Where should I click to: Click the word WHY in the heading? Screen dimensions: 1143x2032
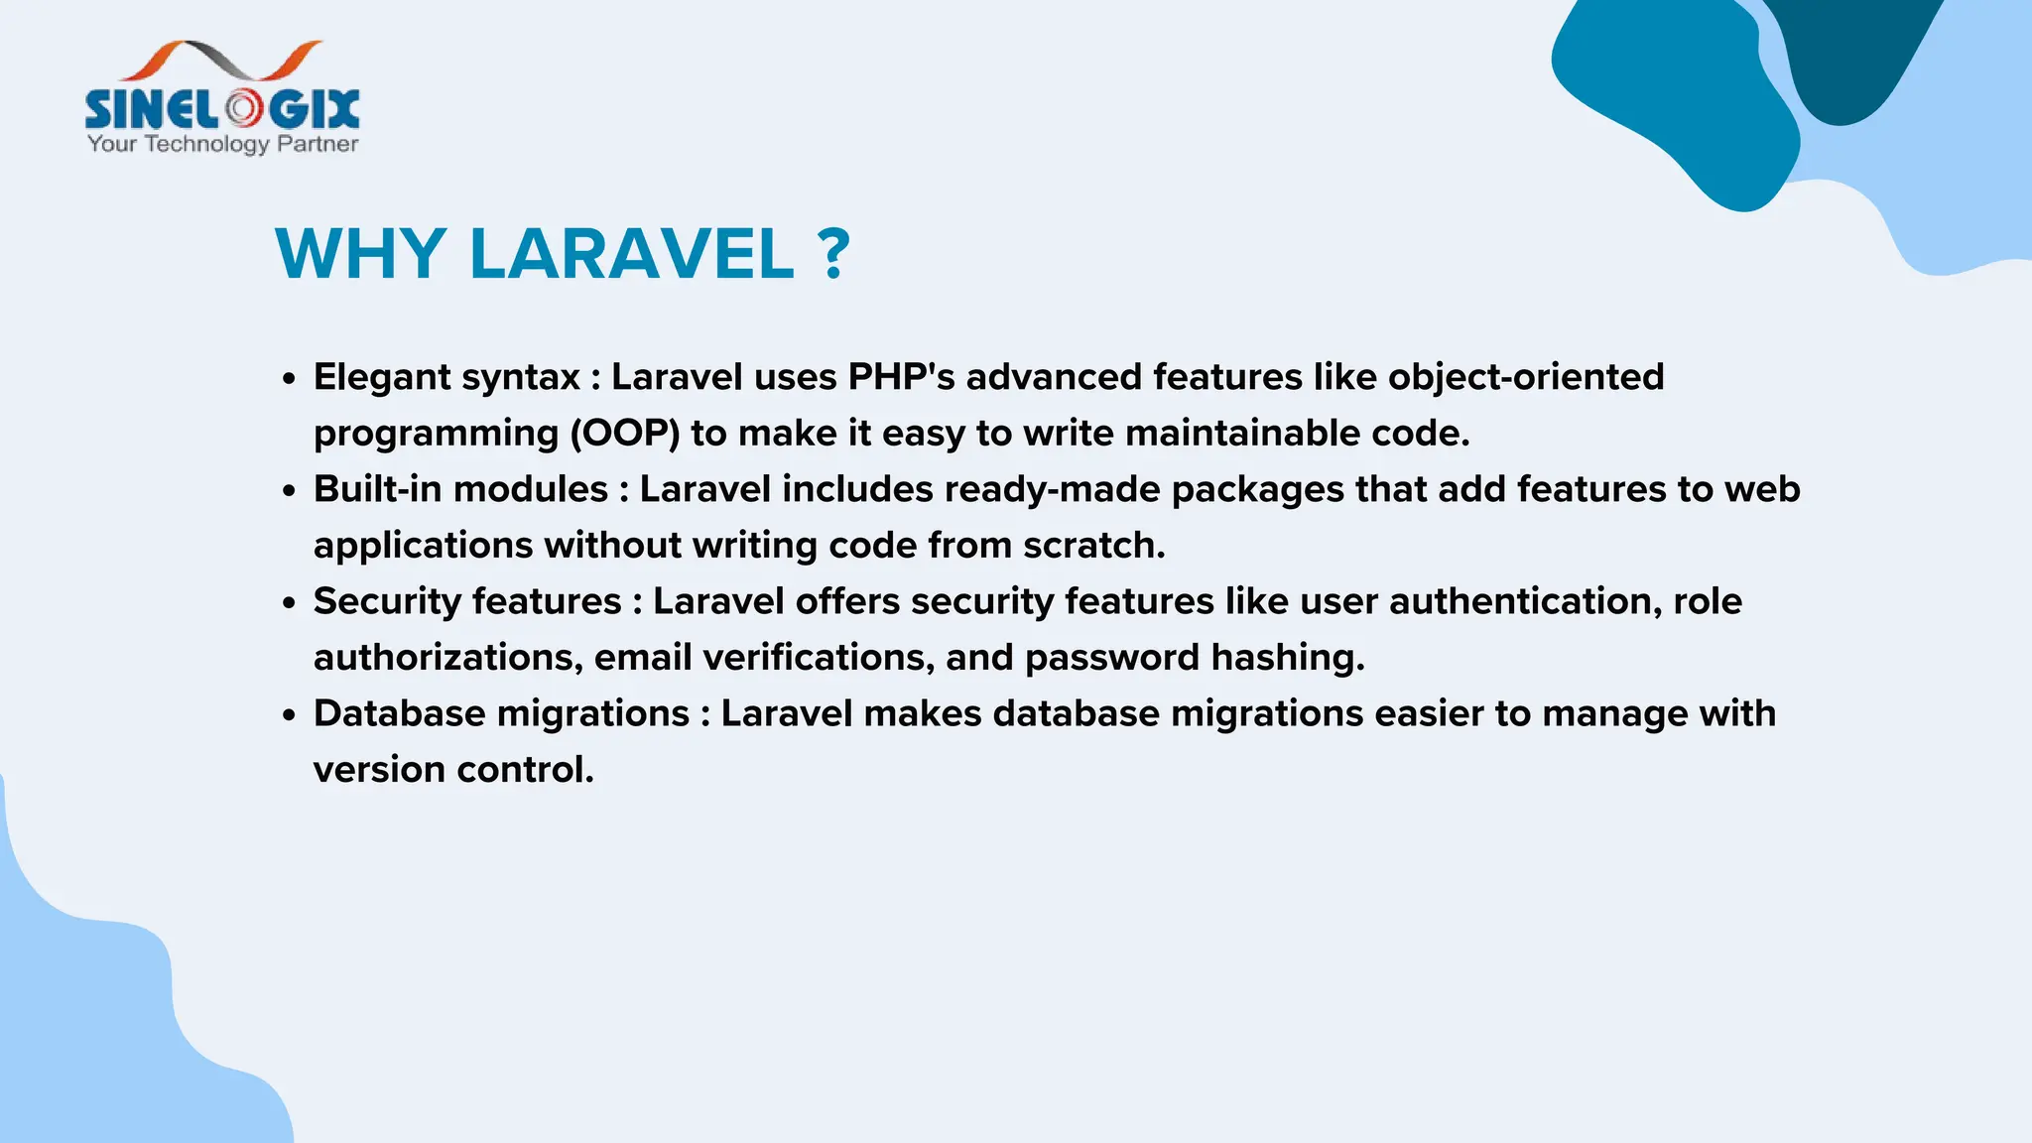pos(359,254)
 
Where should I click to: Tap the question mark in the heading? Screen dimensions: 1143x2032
pos(835,254)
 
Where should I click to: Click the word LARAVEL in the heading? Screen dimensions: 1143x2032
pos(631,254)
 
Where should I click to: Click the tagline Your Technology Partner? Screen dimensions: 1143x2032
pos(222,144)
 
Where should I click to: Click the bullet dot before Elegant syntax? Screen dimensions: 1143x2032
pos(289,379)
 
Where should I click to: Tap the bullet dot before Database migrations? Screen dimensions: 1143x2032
pos(289,715)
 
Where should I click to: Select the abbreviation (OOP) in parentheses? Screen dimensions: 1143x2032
pos(624,434)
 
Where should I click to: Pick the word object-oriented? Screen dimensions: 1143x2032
pos(1525,377)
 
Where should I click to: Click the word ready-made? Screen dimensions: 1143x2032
pos(1052,489)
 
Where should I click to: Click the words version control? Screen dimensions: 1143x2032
pos(453,770)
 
